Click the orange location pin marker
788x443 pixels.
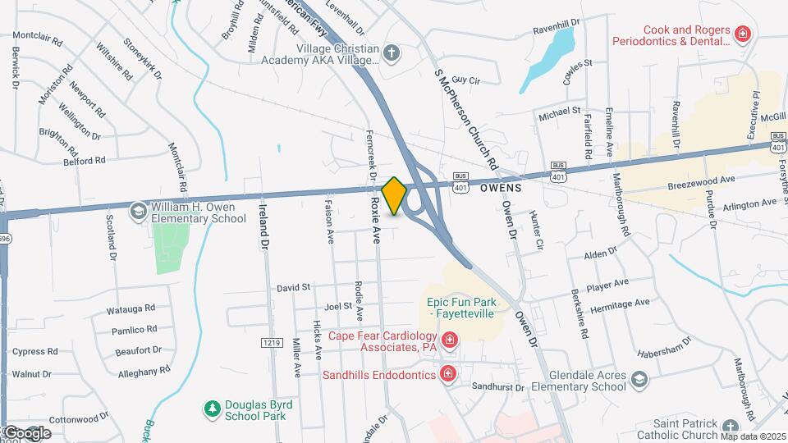[395, 195]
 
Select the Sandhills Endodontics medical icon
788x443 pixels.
[448, 374]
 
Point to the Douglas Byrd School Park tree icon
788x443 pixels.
[213, 408]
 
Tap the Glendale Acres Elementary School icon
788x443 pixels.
[639, 379]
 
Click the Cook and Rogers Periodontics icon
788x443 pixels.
[742, 34]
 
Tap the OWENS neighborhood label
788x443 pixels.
[501, 188]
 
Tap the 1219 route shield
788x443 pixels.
[272, 341]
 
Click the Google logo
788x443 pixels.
[27, 432]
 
